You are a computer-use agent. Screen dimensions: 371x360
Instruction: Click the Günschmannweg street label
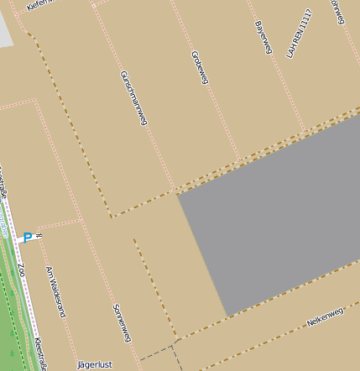pyautogui.click(x=133, y=97)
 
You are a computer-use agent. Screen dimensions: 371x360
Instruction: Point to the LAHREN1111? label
pyautogui.click(x=299, y=34)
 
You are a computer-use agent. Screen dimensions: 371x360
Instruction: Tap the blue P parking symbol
pyautogui.click(x=27, y=238)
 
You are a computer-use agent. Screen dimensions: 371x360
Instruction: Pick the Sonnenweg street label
pyautogui.click(x=122, y=322)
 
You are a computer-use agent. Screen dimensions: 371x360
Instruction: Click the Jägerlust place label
pyautogui.click(x=94, y=365)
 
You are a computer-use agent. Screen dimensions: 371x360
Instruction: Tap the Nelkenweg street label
pyautogui.click(x=326, y=316)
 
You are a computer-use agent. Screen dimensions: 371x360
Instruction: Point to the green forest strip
pyautogui.click(x=8, y=319)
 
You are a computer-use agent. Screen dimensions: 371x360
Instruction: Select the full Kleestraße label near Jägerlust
pyautogui.click(x=40, y=353)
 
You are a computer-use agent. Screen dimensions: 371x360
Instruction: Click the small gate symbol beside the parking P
pyautogui.click(x=38, y=237)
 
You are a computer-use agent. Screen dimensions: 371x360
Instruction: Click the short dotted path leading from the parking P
pyautogui.click(x=59, y=225)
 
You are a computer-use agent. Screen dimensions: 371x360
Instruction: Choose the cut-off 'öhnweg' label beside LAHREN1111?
pyautogui.click(x=337, y=12)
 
